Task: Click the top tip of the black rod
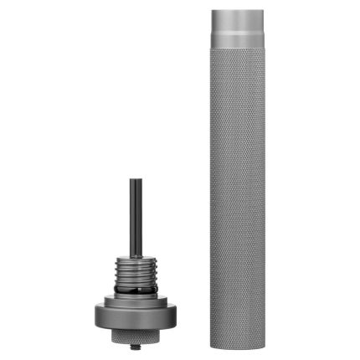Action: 136,178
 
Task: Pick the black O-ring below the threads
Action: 136,291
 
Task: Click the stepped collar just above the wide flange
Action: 136,299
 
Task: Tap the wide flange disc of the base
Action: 136,316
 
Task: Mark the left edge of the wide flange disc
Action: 95,316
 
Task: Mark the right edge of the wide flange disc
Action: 177,316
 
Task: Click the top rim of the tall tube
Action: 237,12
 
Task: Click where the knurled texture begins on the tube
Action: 237,49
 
